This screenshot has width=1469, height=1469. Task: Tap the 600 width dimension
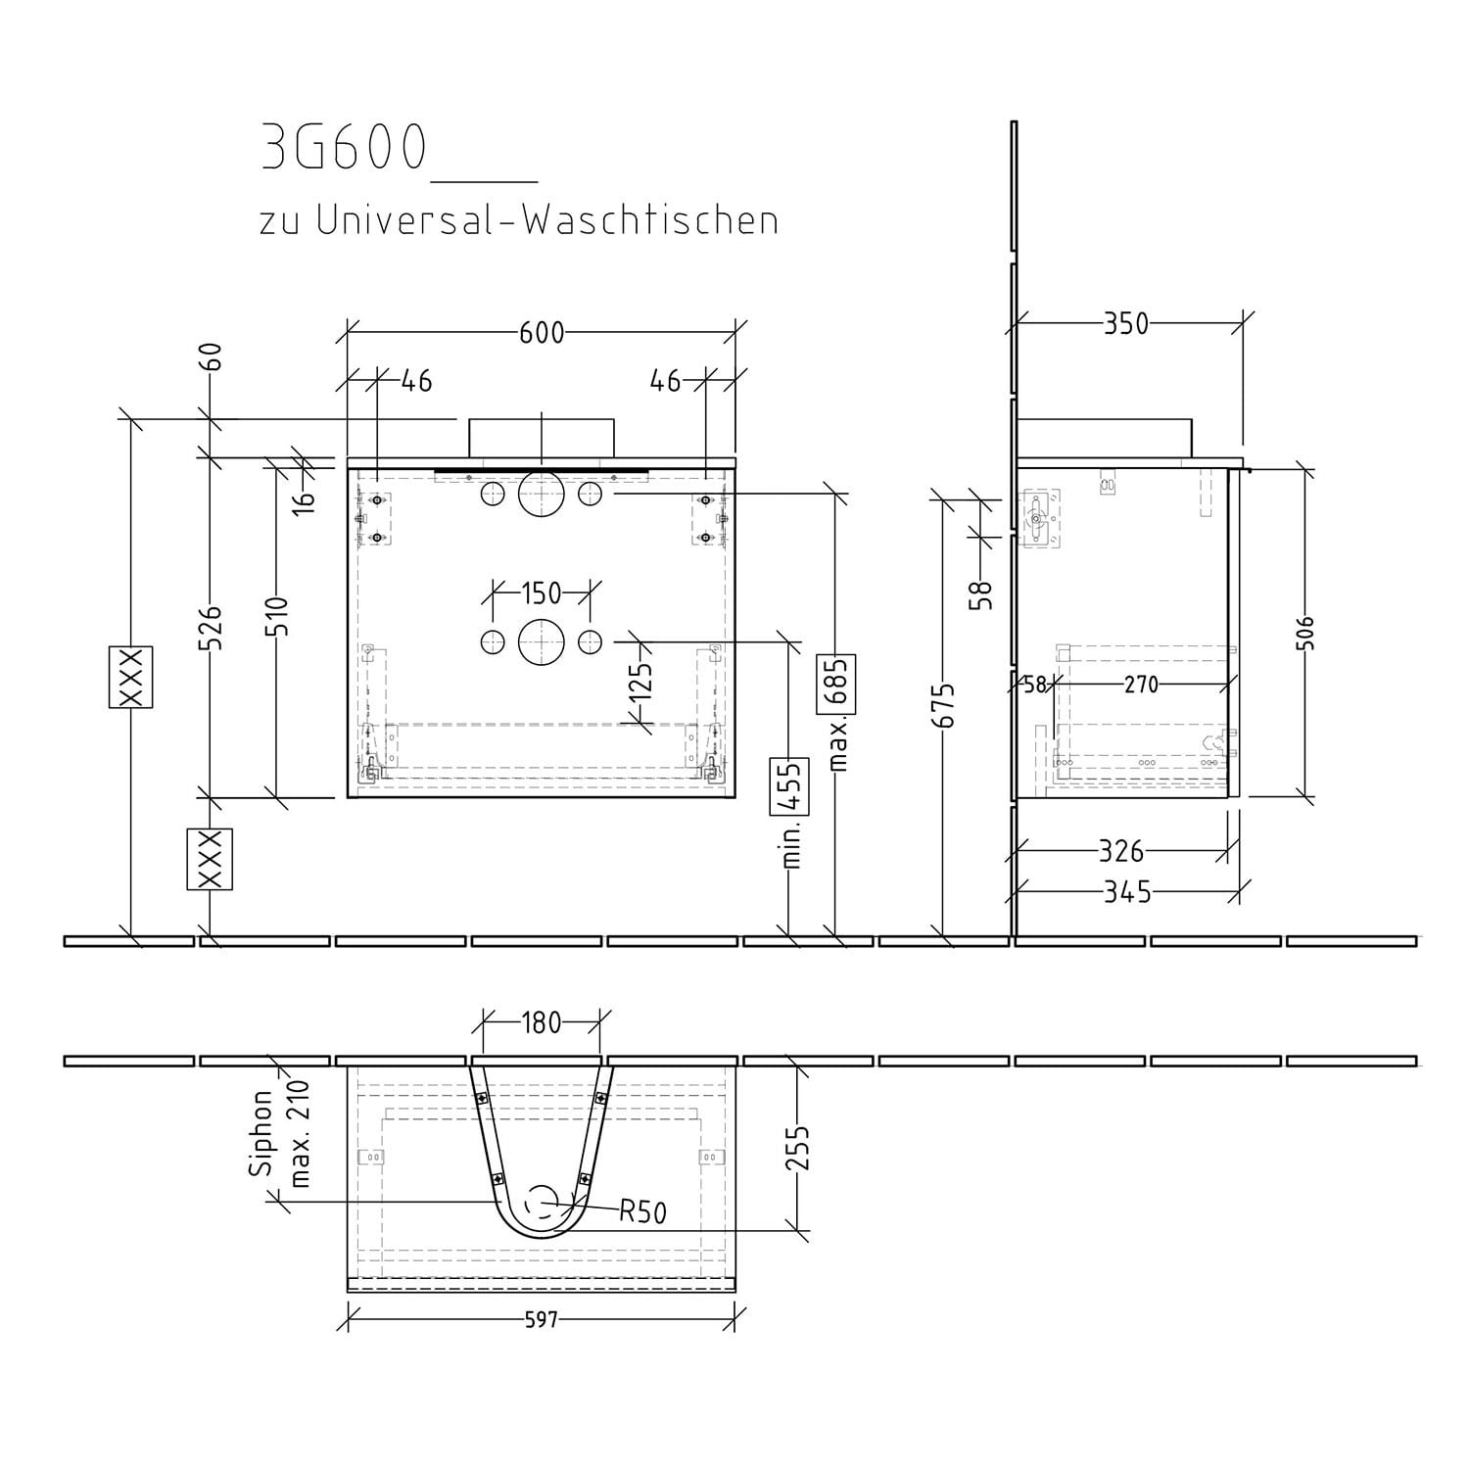[x=542, y=333]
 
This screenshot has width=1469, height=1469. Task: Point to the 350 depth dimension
[x=1125, y=324]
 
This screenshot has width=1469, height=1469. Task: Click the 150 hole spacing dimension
[x=541, y=592]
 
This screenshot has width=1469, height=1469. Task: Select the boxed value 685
[x=838, y=684]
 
